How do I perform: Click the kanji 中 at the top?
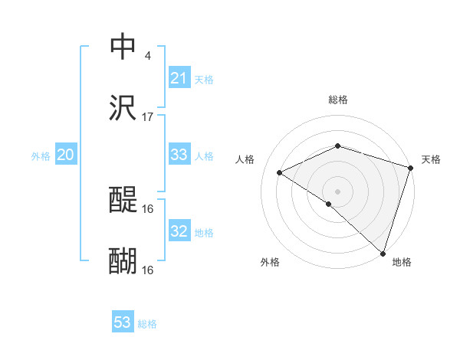(x=123, y=47)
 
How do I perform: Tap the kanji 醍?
(x=123, y=200)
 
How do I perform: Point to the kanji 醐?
(x=123, y=261)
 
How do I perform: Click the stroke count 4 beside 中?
(x=147, y=56)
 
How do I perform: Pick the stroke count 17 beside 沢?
(x=148, y=117)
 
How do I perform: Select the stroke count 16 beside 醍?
(x=148, y=208)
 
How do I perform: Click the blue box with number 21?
(x=179, y=78)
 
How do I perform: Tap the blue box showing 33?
(x=179, y=155)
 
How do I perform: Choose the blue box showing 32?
(x=179, y=231)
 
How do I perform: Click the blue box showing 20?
(x=65, y=155)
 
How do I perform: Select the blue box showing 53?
(x=123, y=322)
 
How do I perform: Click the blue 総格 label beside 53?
(x=147, y=324)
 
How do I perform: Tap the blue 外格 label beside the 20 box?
(x=41, y=156)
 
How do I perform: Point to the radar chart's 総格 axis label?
(x=338, y=100)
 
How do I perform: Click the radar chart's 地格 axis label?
(x=402, y=262)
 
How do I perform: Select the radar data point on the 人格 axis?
(x=280, y=172)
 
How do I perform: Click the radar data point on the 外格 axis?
(x=329, y=204)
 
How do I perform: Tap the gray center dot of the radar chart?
(x=338, y=191)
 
